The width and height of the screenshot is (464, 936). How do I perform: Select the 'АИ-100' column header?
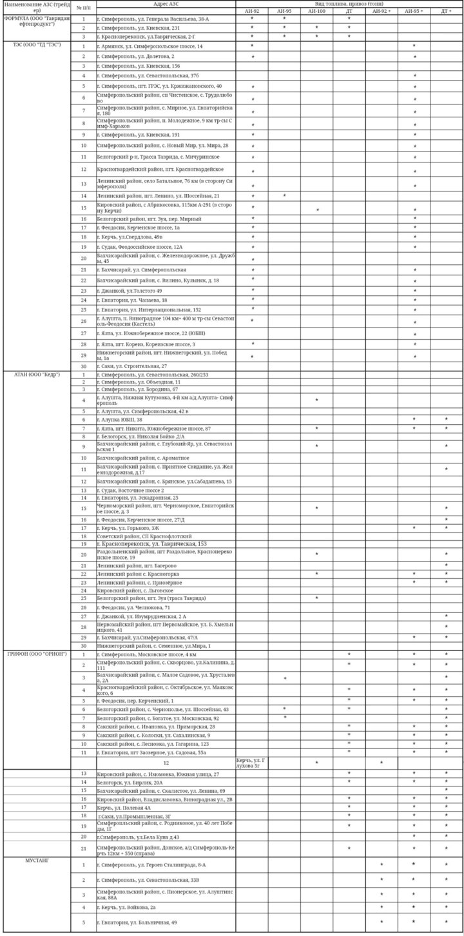316,11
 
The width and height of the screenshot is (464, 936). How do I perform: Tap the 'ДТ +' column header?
446,11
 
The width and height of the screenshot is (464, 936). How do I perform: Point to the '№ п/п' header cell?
83,7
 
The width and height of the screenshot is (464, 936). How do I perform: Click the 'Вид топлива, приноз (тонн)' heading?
349,4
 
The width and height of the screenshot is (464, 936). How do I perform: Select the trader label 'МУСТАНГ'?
37,860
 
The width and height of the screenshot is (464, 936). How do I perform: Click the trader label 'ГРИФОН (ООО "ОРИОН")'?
37,654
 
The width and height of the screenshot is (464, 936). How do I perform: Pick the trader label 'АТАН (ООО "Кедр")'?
37,375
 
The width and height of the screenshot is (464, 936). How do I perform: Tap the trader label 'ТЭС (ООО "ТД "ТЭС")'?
37,46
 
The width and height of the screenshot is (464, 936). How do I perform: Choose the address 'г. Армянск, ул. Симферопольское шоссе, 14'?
150,46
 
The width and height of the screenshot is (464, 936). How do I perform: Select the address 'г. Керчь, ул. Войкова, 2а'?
126,907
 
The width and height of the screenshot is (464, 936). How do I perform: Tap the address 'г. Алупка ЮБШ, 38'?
120,420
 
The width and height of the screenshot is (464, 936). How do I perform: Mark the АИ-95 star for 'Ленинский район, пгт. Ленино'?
284,195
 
